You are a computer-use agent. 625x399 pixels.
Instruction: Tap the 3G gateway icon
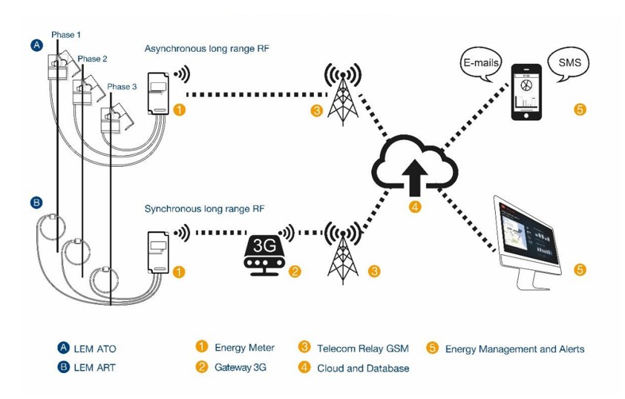(x=264, y=254)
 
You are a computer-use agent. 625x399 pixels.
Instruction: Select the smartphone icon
(x=526, y=92)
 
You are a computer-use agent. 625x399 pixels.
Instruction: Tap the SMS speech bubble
(x=569, y=63)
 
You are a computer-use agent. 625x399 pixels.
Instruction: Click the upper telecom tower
(x=343, y=93)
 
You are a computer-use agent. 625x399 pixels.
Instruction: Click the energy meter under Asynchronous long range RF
(x=160, y=93)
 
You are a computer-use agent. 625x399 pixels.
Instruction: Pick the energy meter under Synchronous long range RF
(x=159, y=252)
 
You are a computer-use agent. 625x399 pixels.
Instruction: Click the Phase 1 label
(x=66, y=35)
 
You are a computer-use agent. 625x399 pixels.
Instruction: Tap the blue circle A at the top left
(x=37, y=45)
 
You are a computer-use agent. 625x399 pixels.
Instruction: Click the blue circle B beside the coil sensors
(x=36, y=202)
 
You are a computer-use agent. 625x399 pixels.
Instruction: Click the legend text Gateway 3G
(x=240, y=367)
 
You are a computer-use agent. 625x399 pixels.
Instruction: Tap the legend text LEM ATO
(x=95, y=349)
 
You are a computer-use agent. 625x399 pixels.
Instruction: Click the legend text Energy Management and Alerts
(x=514, y=349)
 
